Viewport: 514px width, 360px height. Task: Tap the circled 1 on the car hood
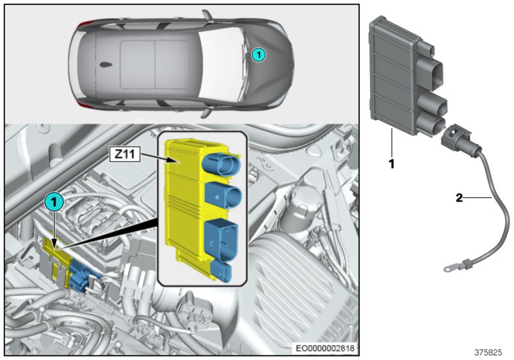click(257, 55)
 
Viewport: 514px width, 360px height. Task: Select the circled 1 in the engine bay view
click(53, 201)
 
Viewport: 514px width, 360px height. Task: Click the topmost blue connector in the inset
click(219, 163)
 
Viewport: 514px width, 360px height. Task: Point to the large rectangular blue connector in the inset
click(218, 237)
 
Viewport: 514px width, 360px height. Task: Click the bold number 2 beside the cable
click(459, 198)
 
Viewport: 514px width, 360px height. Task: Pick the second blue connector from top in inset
click(218, 194)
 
